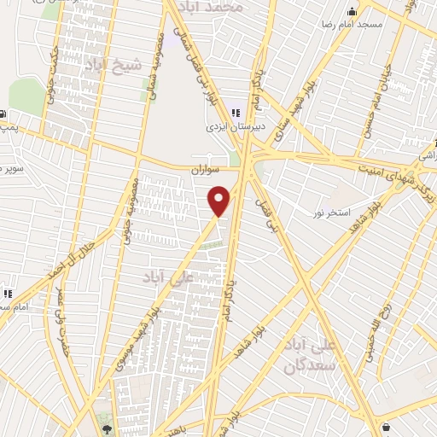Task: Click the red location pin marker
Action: pos(219,200)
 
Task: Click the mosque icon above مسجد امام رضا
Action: pos(353,11)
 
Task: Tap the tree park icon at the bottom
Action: pos(106,428)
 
